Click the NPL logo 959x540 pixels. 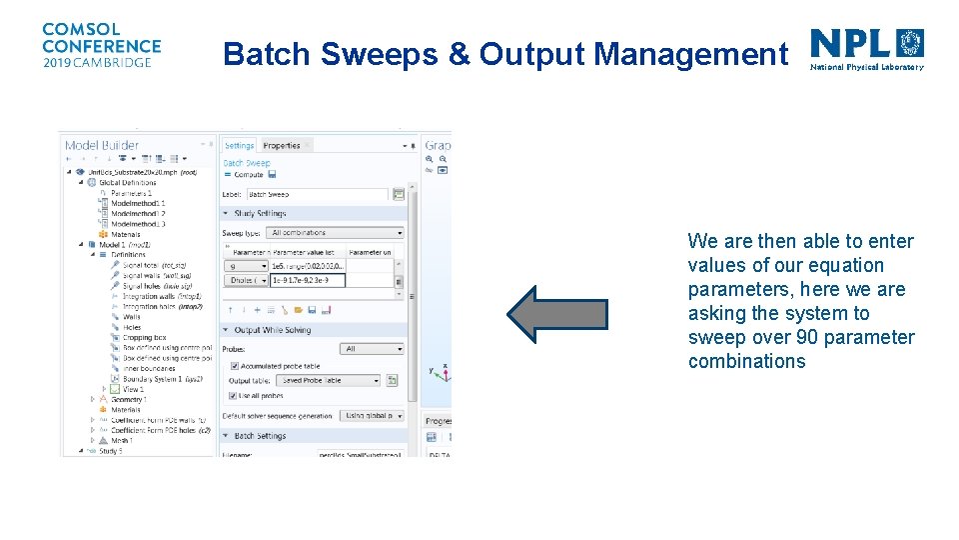tap(866, 49)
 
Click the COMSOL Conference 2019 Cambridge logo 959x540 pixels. tap(101, 46)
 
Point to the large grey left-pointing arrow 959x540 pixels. tap(556, 314)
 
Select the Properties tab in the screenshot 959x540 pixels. tap(282, 146)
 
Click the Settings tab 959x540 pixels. tap(239, 146)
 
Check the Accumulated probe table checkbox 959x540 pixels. tap(234, 366)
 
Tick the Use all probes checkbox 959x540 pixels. tap(234, 396)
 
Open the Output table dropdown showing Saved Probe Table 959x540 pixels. tap(331, 381)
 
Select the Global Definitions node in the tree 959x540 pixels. tap(128, 182)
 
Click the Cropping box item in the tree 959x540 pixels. tap(145, 338)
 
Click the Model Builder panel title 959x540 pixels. tap(102, 146)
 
